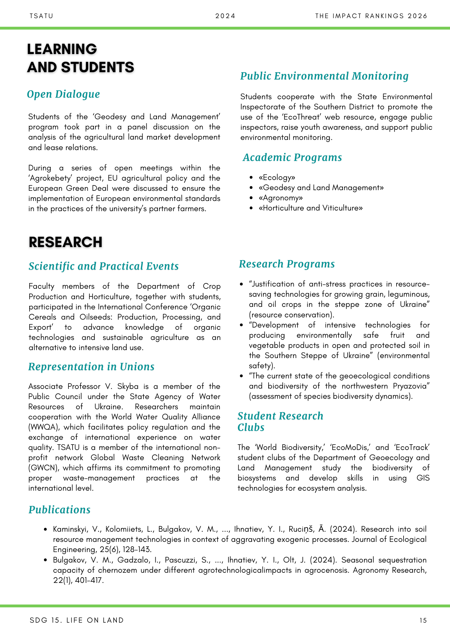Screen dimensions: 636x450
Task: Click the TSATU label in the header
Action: pos(41,16)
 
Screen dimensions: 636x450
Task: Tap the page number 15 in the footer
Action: pos(423,620)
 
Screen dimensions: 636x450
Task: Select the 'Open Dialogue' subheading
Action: pos(63,94)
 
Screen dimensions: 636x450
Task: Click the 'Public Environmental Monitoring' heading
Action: pos(324,76)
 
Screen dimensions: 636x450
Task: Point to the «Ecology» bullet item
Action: pos(277,177)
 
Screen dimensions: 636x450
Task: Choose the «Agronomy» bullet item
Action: pos(281,198)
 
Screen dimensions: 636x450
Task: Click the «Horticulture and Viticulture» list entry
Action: pos(311,208)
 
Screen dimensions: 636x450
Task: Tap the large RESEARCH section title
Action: pos(66,242)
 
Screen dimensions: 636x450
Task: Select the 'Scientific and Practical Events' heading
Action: pos(103,266)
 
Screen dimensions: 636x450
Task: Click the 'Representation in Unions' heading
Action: pos(91,367)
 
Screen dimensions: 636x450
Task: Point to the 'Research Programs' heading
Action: pos(287,264)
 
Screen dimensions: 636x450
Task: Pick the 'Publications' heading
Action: pos(60,510)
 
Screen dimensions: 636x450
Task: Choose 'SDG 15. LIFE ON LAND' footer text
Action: pos(76,620)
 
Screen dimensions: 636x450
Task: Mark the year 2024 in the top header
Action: pos(225,16)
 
